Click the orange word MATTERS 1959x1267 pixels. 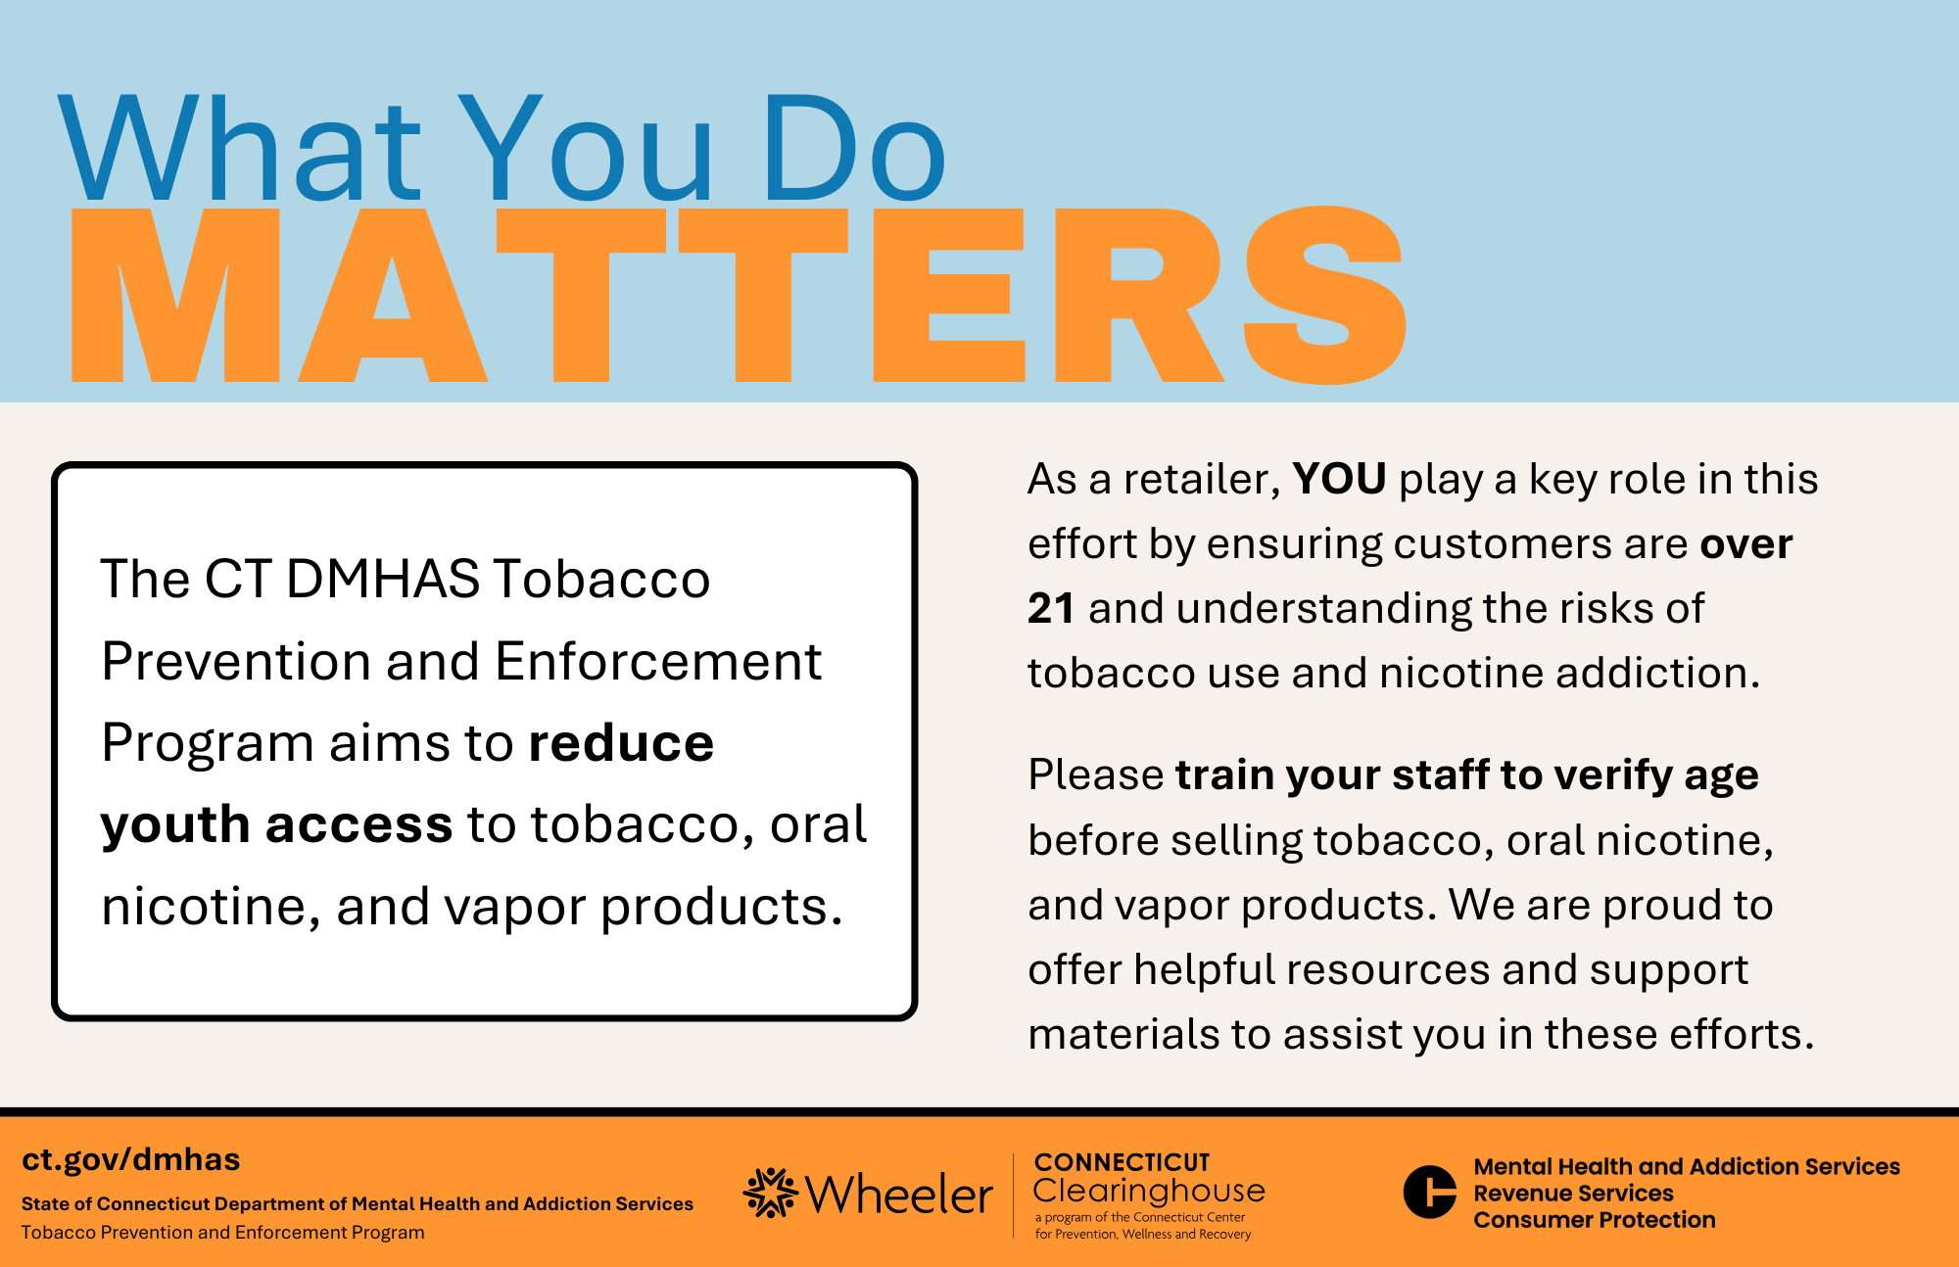pos(740,295)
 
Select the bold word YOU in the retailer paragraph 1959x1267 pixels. pos(1339,479)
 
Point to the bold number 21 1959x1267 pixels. pos(1051,608)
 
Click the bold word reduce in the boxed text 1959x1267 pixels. pos(621,743)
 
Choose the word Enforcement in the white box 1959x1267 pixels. pos(658,661)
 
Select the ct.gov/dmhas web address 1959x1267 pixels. pos(131,1159)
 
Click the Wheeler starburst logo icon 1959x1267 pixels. pos(771,1193)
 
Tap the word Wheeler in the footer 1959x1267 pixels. pos(899,1195)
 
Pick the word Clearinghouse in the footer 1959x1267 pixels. pos(1149,1191)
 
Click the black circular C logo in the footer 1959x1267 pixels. pos(1430,1192)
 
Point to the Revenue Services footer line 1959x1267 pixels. pos(1573,1193)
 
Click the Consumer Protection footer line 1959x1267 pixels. pos(1595,1219)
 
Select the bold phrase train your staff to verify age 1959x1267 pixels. pos(1467,776)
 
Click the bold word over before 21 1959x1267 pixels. pos(1746,544)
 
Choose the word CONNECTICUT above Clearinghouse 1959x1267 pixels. pos(1122,1162)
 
